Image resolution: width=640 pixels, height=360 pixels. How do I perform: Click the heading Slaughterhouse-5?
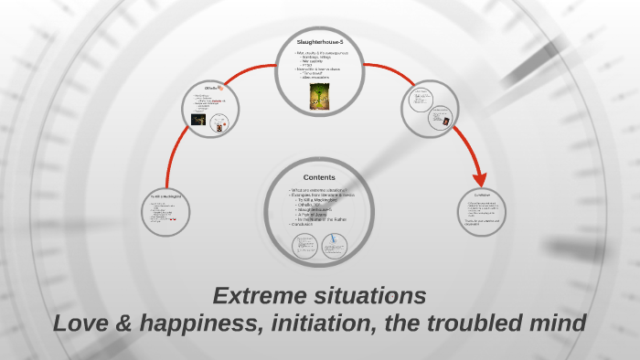[319, 42]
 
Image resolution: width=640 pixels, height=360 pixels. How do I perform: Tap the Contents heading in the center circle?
[319, 177]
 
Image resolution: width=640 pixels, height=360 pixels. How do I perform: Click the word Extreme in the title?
[259, 296]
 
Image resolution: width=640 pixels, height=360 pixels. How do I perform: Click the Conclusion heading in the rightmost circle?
[482, 195]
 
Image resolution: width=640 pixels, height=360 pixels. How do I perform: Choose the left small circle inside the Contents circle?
[304, 245]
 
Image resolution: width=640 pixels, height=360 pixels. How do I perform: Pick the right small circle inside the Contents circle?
[336, 244]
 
